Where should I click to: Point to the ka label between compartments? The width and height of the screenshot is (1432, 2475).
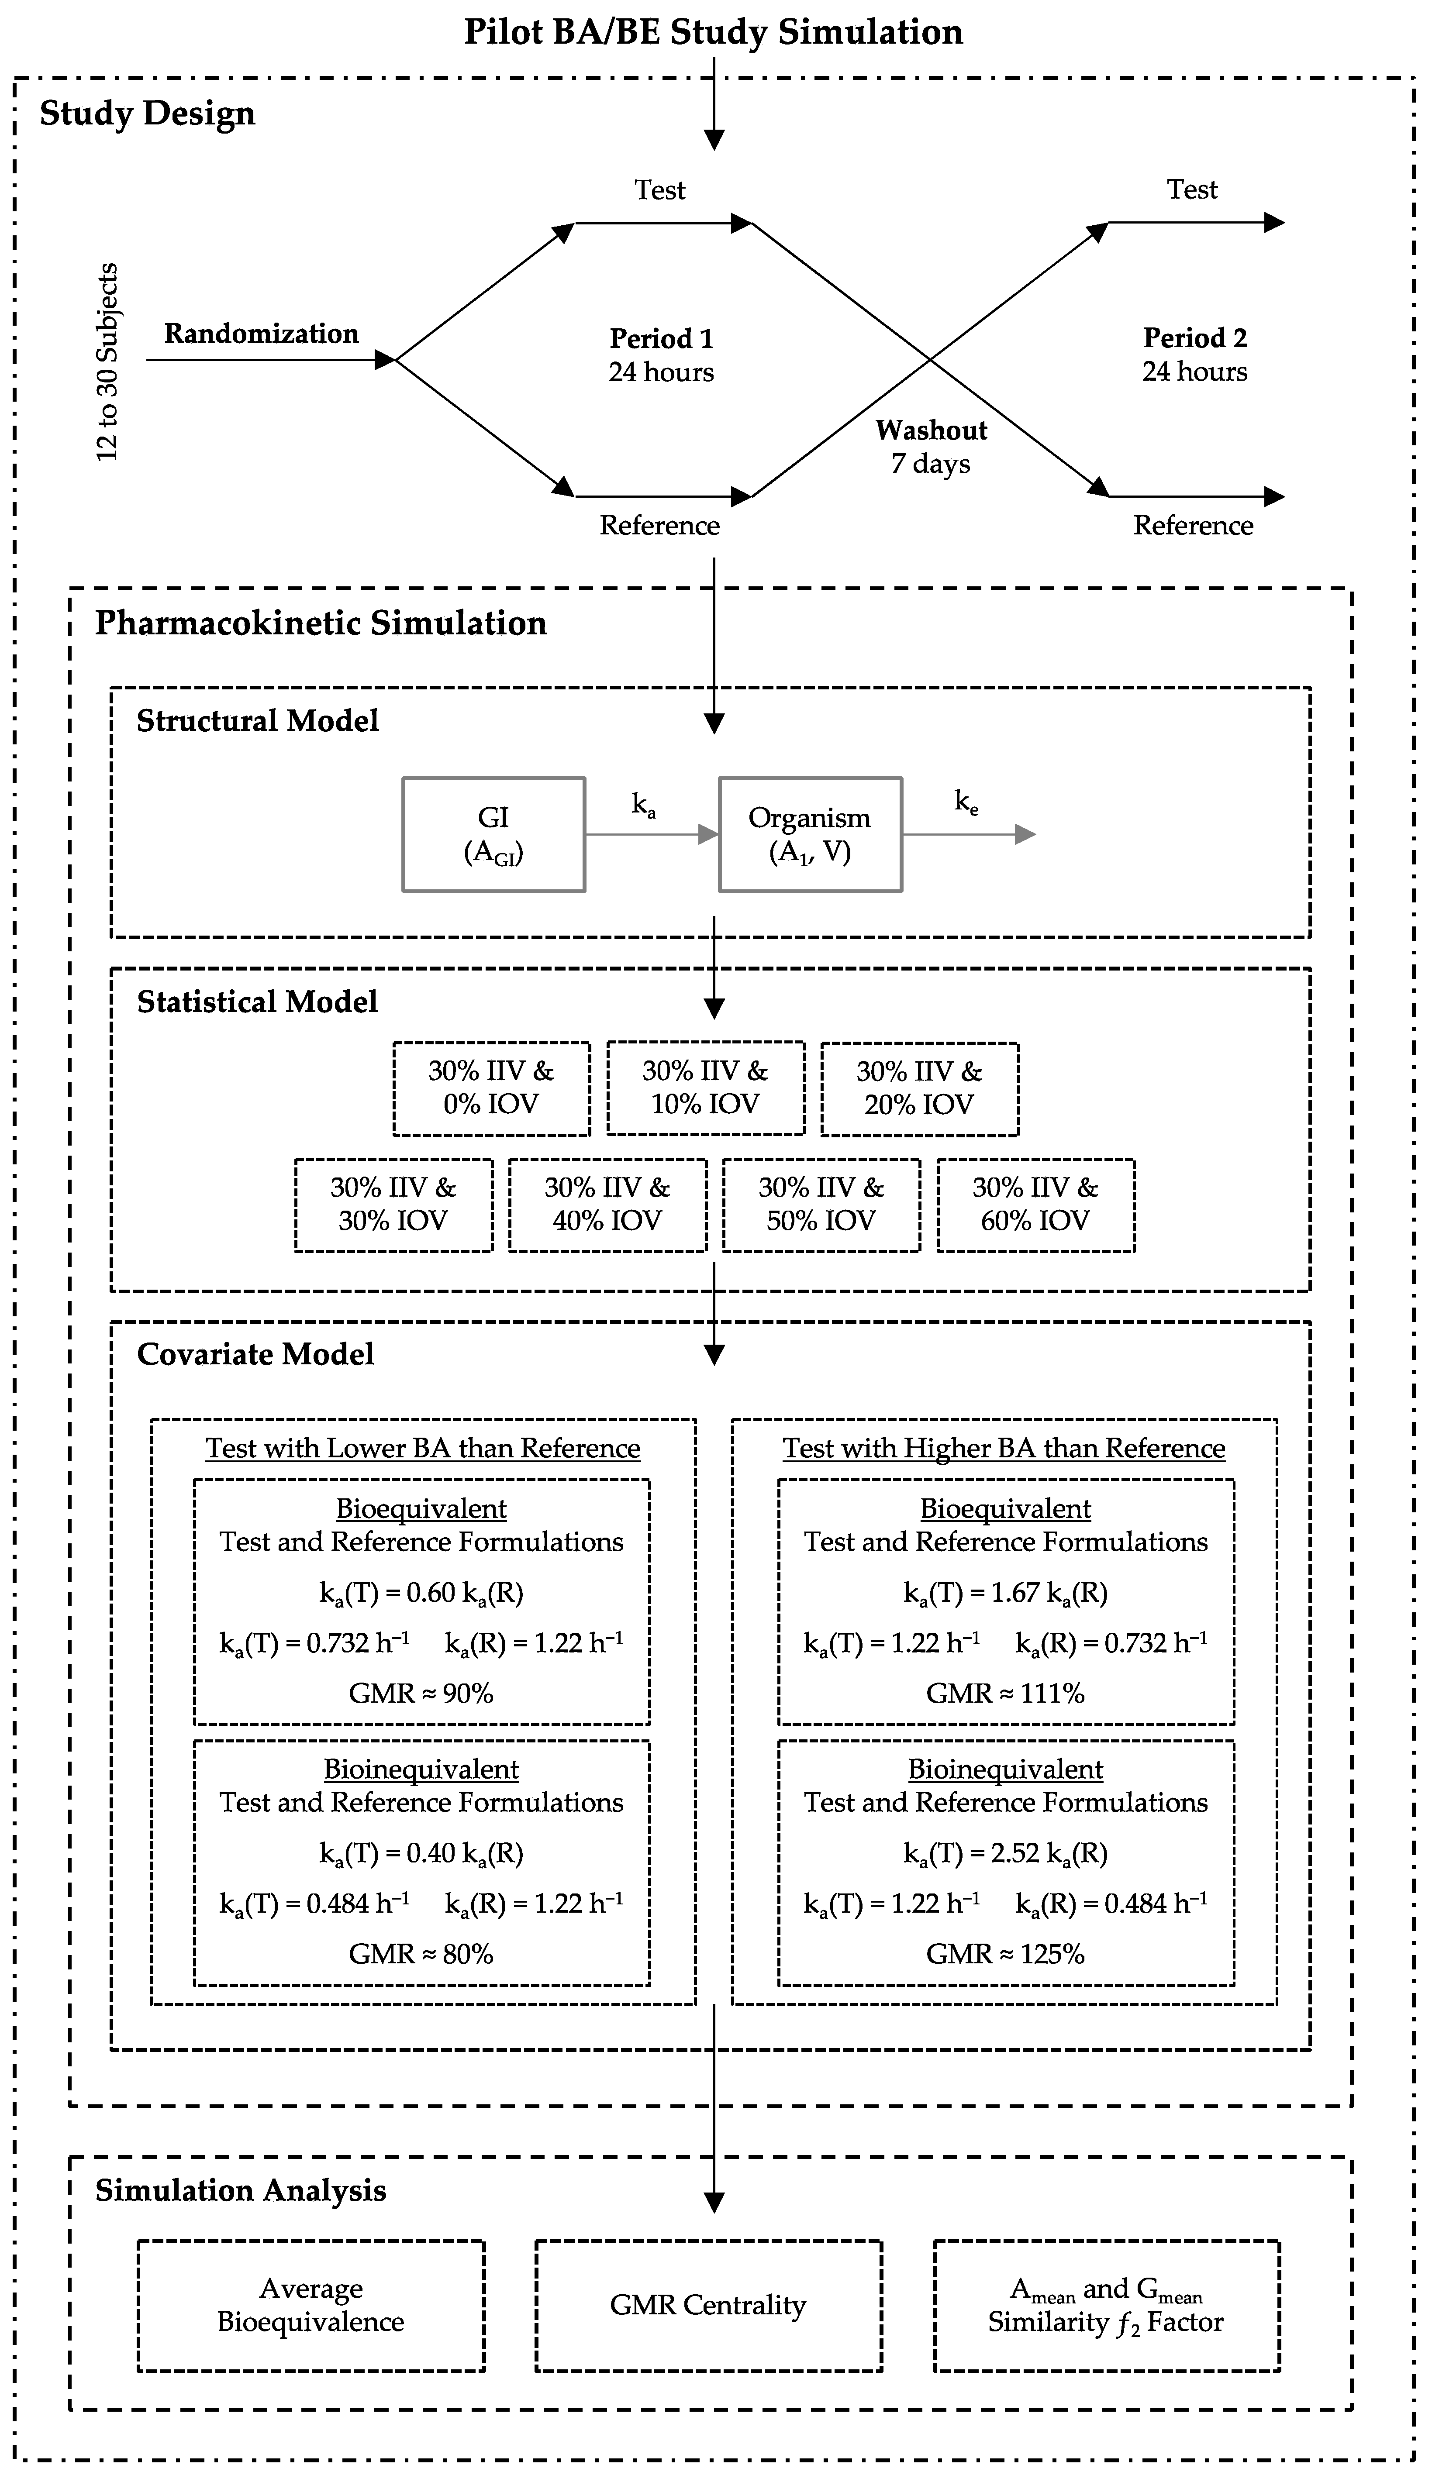643,805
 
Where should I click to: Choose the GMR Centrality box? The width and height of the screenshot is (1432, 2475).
708,2305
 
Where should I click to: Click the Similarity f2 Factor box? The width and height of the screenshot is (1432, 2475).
1106,2305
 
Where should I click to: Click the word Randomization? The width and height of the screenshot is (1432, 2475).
261,334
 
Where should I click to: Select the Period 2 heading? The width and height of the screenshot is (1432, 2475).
1194,338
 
